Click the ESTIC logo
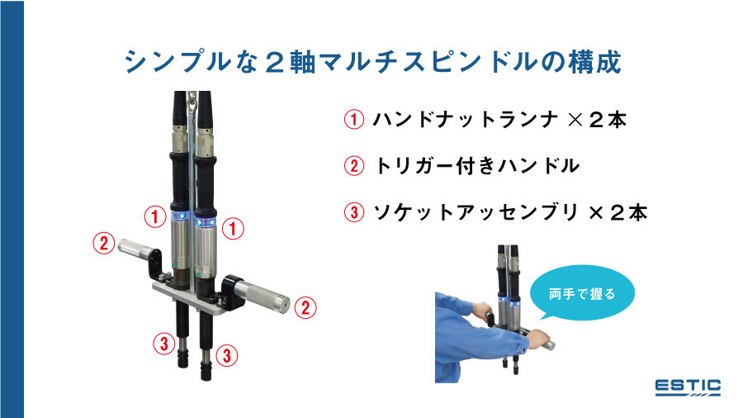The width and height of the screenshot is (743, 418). click(688, 387)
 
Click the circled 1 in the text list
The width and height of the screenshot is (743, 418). click(353, 120)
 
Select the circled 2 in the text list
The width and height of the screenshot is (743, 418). click(353, 166)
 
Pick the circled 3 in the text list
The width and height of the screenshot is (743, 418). click(353, 212)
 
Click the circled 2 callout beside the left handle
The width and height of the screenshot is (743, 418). click(103, 244)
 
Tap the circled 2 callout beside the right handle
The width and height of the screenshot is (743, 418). click(305, 308)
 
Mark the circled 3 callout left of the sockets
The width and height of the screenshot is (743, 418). click(164, 343)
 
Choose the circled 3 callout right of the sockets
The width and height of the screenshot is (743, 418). click(228, 355)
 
